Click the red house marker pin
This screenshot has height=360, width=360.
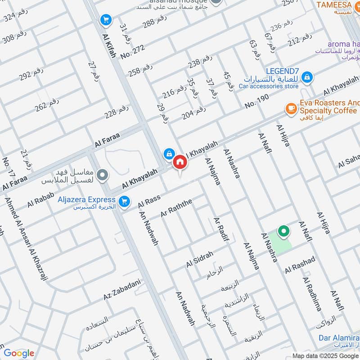[180, 162]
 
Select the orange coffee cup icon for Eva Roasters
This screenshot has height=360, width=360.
[291, 108]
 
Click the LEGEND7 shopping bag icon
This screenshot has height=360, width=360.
[307, 77]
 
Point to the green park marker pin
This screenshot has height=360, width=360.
[283, 232]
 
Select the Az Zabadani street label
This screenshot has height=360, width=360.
[122, 290]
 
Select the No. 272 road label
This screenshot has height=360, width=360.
[132, 55]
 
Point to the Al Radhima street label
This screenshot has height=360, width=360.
[312, 294]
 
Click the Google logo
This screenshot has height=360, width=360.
[19, 353]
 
